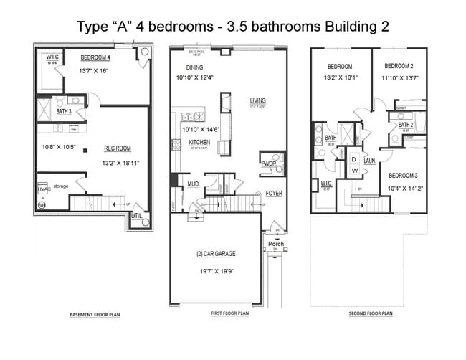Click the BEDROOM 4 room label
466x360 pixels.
coord(95,57)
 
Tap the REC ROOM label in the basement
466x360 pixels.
coord(118,148)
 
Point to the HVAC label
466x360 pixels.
coord(43,189)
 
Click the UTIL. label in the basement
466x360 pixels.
coord(136,214)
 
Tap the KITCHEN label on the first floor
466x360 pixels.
coord(199,143)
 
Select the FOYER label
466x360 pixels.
coord(273,194)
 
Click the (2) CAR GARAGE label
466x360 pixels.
coord(216,254)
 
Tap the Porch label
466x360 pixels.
coord(276,244)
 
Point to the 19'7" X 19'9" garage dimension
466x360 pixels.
coord(216,272)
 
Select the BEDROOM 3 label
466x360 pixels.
coord(404,176)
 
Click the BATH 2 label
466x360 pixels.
coord(406,124)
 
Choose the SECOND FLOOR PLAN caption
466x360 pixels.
coord(371,313)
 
